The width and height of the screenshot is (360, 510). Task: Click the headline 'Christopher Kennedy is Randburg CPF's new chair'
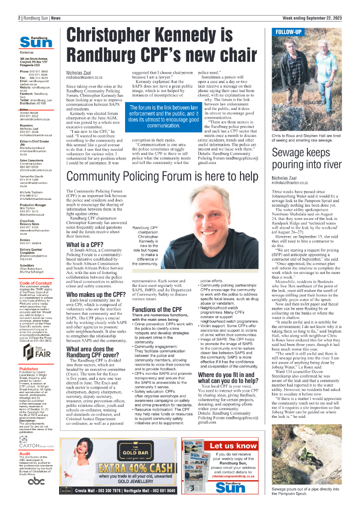point(162,45)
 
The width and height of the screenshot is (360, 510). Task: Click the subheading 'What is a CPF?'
point(84,244)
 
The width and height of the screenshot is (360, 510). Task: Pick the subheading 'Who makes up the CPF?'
point(96,294)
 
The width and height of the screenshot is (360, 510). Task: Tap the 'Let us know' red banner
point(233,445)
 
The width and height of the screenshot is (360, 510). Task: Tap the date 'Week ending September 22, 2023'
point(312,18)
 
